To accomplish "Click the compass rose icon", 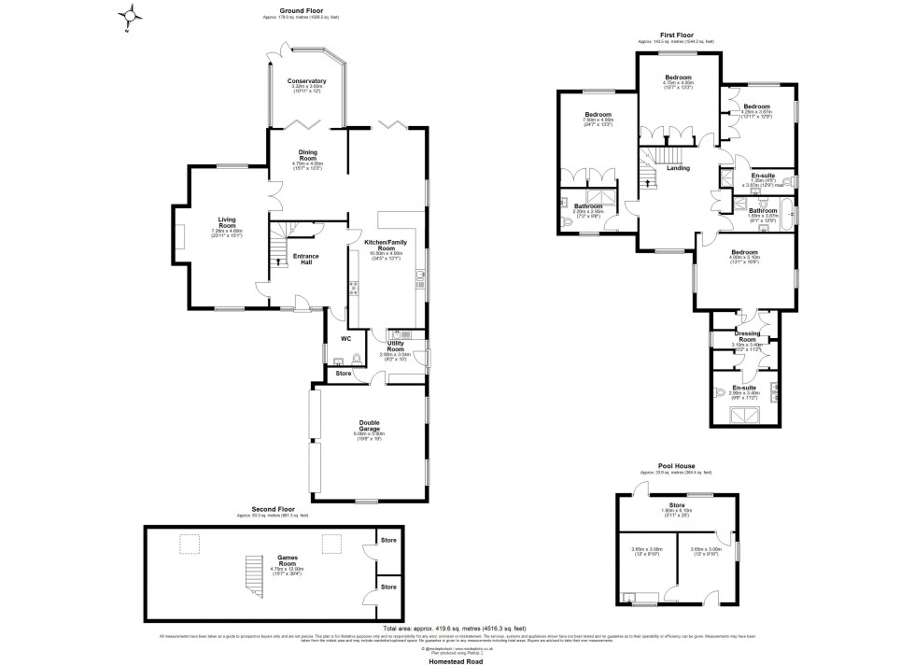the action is click(x=133, y=14).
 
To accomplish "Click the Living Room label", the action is click(x=227, y=223).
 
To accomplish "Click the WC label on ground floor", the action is click(x=345, y=338).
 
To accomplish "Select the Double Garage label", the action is click(x=369, y=425).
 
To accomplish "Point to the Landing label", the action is click(x=678, y=168).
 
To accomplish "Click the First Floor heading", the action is click(x=677, y=35).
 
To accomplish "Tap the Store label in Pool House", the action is click(x=677, y=508).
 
